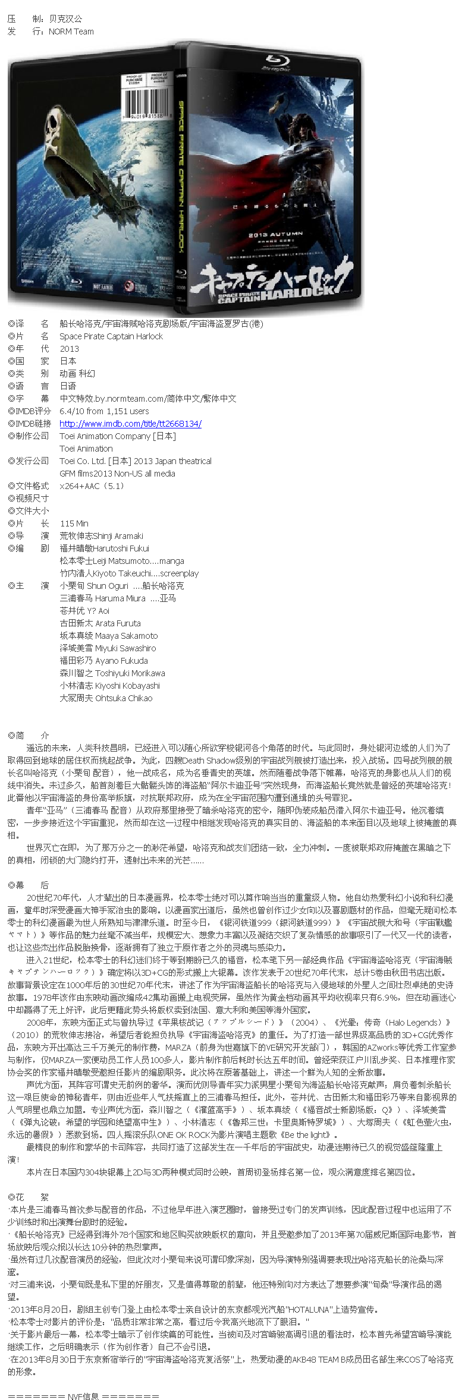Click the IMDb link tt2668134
[x=130, y=424]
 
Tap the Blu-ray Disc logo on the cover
[x=277, y=62]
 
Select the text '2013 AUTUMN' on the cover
[x=275, y=235]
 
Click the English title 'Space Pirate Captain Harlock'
[x=111, y=336]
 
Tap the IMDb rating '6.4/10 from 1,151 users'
[x=104, y=411]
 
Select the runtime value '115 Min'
[x=74, y=524]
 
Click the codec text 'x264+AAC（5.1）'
[x=92, y=486]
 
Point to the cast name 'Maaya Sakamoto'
[x=126, y=636]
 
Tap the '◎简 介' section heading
[x=29, y=735]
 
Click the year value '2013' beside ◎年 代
[x=69, y=349]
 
